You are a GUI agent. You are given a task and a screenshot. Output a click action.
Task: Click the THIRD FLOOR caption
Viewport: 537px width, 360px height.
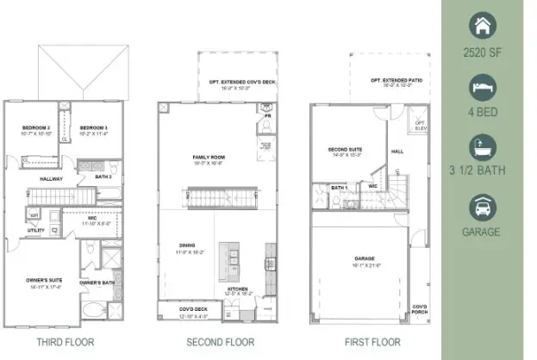66,342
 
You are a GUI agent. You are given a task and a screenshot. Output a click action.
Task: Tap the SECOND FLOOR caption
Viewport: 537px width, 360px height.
220,342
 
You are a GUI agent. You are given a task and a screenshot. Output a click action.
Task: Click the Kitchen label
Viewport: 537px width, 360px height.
239,289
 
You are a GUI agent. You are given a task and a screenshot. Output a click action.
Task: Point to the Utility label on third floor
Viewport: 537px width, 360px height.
35,231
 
